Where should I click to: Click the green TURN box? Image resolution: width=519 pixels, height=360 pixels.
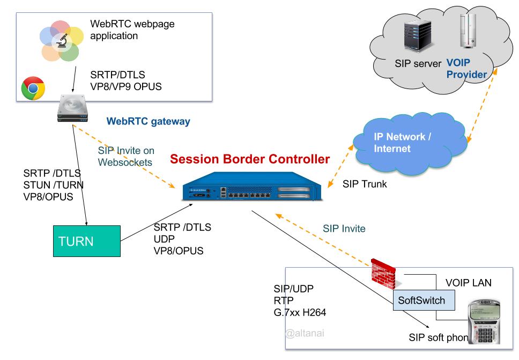(86, 241)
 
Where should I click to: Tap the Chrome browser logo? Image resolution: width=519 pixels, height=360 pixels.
(33, 89)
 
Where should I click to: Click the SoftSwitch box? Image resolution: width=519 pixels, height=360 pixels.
(421, 300)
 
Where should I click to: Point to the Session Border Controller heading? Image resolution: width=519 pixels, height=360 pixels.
(250, 159)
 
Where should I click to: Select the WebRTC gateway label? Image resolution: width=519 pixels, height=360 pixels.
(149, 122)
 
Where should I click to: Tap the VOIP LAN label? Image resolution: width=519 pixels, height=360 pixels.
(469, 282)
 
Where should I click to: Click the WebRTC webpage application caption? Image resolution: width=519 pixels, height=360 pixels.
(132, 30)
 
